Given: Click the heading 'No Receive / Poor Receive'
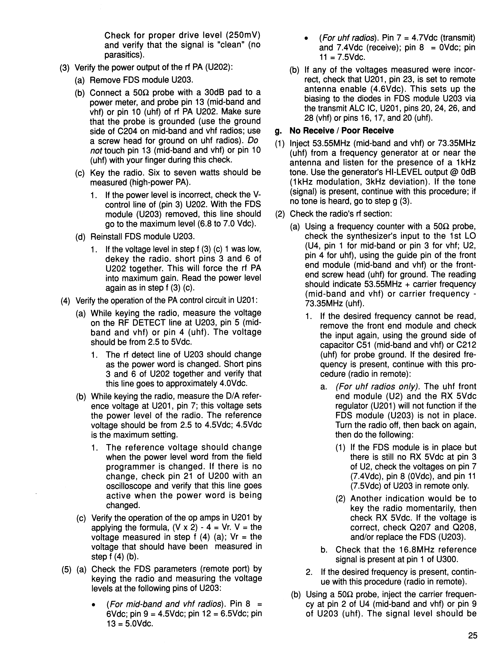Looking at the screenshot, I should [x=342, y=131].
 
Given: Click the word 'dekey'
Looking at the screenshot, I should [x=115, y=259].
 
